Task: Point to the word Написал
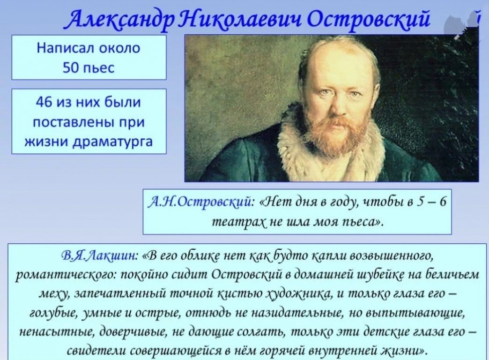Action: point(65,48)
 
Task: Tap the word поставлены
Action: point(73,122)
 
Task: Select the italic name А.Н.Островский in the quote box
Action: point(199,202)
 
